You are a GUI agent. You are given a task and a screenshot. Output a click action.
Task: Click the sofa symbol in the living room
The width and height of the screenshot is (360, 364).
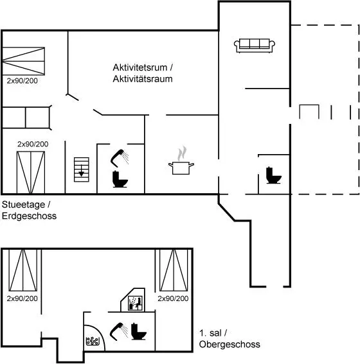[255, 46]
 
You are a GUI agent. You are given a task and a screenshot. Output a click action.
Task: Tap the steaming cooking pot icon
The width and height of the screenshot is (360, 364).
[181, 162]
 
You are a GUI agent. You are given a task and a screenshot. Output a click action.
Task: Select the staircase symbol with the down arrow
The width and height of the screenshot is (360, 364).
[82, 169]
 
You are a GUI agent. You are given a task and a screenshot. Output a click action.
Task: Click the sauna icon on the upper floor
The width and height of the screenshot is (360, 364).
[135, 303]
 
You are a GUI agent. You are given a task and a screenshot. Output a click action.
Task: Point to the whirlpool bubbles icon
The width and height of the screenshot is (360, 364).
[93, 341]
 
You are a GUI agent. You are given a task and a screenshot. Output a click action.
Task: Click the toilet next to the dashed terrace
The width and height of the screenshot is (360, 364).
[274, 175]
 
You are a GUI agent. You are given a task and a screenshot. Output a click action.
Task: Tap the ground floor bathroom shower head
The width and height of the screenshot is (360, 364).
[120, 158]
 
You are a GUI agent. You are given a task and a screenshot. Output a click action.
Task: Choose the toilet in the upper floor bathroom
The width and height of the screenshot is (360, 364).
[138, 331]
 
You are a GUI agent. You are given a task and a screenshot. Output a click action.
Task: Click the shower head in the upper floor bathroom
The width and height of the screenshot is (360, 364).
[118, 331]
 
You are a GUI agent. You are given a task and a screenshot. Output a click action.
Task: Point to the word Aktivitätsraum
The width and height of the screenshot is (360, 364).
[143, 79]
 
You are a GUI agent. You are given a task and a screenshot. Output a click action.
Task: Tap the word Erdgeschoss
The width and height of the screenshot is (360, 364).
[30, 216]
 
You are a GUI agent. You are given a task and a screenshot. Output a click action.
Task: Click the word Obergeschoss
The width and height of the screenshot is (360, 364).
[230, 344]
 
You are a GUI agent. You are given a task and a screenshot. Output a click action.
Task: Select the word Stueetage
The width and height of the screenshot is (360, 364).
[24, 205]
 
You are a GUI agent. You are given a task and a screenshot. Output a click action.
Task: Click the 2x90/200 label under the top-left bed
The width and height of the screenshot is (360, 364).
[22, 81]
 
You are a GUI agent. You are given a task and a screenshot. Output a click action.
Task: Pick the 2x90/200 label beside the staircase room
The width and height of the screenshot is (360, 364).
[33, 144]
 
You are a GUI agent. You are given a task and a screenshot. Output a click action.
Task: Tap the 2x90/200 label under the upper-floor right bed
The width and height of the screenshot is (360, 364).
[173, 299]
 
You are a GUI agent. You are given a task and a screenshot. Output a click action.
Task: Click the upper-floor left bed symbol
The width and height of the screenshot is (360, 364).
[22, 270]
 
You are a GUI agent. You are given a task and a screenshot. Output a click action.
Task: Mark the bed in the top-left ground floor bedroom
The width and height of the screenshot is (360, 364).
[23, 61]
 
